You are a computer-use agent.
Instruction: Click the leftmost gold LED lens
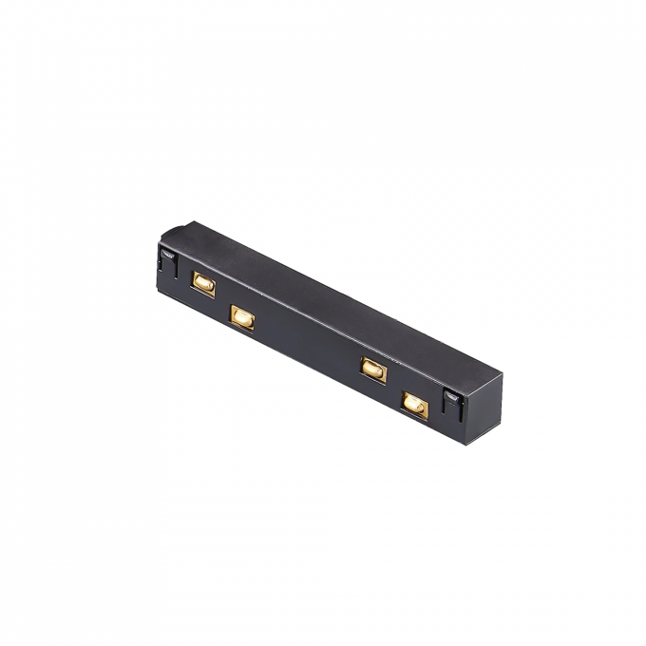pos(202,282)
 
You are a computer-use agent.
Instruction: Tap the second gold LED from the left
pos(242,315)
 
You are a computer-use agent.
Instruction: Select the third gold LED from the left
pos(372,369)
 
